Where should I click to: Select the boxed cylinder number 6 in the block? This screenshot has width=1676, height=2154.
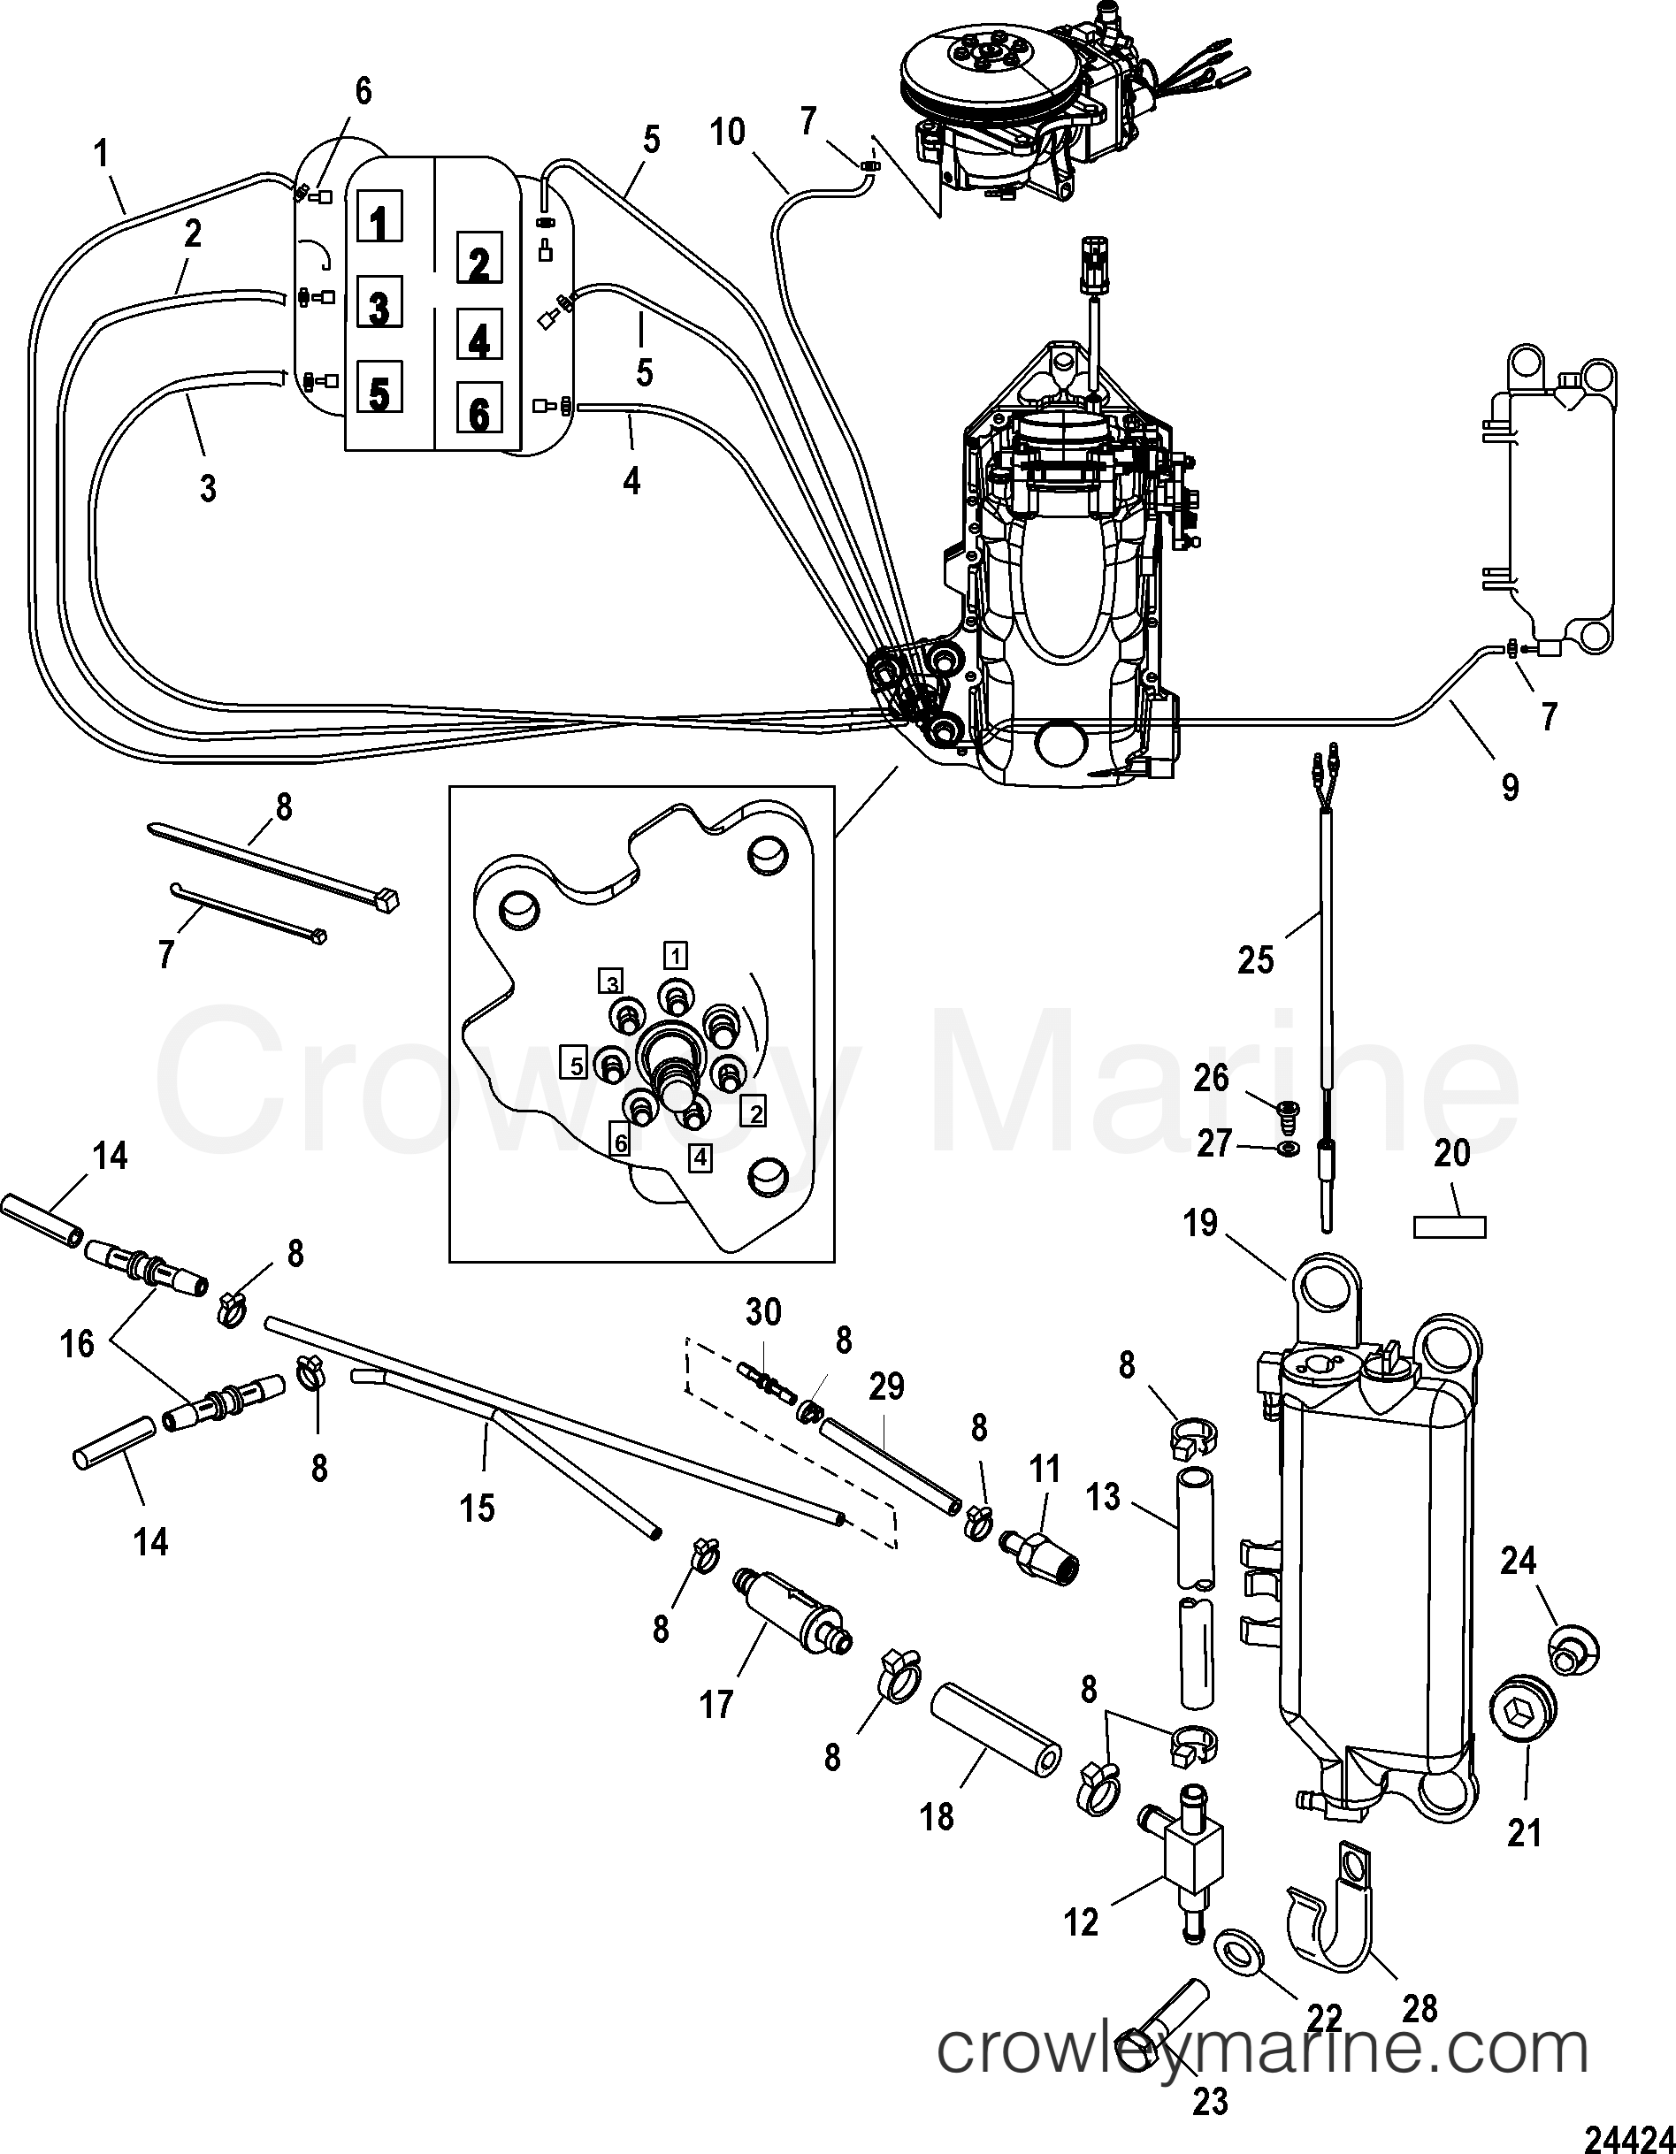click(x=478, y=412)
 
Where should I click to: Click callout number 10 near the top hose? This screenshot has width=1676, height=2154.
click(x=728, y=132)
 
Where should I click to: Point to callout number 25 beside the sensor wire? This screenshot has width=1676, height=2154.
click(x=1256, y=959)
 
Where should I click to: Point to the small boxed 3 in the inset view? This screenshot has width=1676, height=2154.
click(x=612, y=982)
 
